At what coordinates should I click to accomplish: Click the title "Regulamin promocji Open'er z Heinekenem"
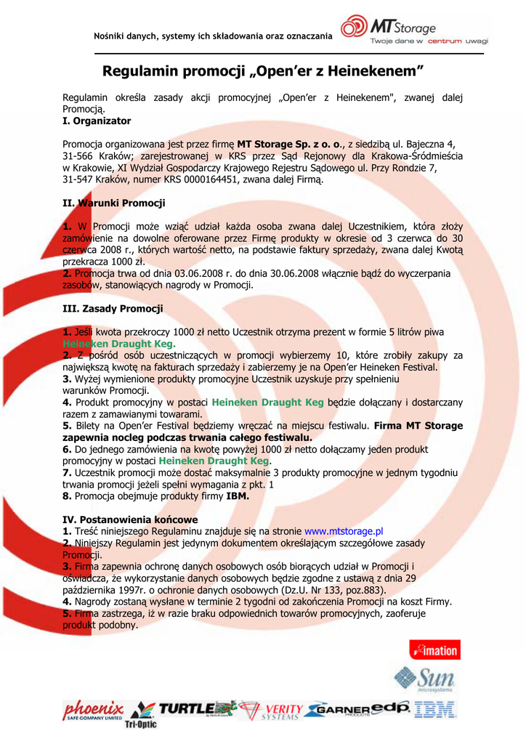click(x=263, y=72)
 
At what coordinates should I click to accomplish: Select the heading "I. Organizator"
click(x=97, y=121)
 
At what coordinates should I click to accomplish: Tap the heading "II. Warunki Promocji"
click(x=114, y=203)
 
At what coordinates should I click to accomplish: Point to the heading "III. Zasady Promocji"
click(x=113, y=309)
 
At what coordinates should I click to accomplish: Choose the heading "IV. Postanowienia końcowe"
click(x=130, y=519)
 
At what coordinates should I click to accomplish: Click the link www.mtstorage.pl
click(x=344, y=531)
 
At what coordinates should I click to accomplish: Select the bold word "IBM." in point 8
click(x=238, y=496)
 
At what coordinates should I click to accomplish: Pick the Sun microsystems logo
click(x=427, y=679)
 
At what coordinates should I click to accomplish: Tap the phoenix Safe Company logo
click(x=92, y=710)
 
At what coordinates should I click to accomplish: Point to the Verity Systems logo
click(x=270, y=710)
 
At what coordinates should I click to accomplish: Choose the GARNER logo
click(x=337, y=709)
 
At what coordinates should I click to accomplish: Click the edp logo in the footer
click(x=392, y=707)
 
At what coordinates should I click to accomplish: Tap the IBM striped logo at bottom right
click(x=435, y=710)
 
